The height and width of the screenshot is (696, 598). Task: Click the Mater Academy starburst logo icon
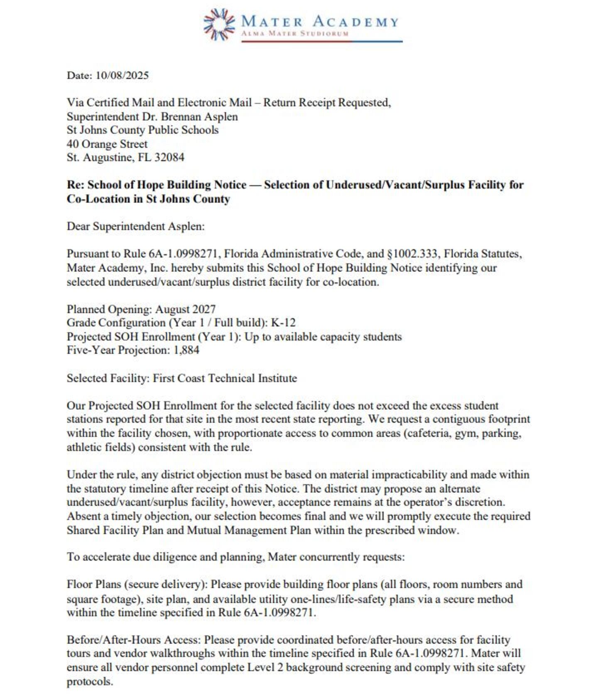pyautogui.click(x=219, y=24)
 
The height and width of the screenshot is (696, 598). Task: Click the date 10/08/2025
pyautogui.click(x=122, y=75)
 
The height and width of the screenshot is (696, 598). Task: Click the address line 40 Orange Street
pyautogui.click(x=107, y=144)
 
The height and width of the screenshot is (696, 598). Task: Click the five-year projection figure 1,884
pyautogui.click(x=186, y=350)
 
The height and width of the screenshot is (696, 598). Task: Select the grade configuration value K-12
pyautogui.click(x=283, y=323)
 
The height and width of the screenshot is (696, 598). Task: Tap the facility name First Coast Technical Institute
pyautogui.click(x=225, y=378)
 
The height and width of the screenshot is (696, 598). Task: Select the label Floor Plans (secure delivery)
pyautogui.click(x=137, y=584)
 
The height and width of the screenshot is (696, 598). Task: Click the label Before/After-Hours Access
pyautogui.click(x=133, y=640)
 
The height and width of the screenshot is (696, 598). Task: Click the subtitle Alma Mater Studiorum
pyautogui.click(x=295, y=33)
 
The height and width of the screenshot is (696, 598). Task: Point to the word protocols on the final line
pyautogui.click(x=89, y=681)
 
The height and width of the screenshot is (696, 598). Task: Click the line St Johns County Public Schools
pyautogui.click(x=142, y=130)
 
